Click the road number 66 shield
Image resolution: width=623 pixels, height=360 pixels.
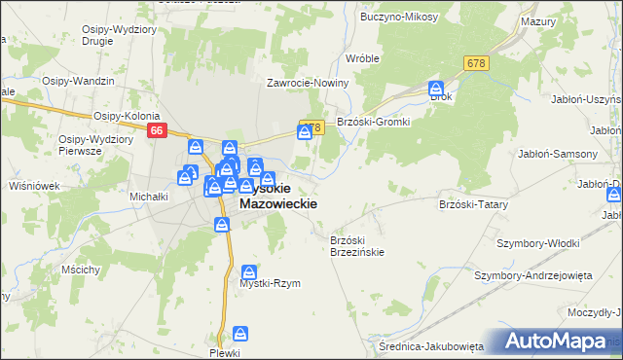click(157, 129)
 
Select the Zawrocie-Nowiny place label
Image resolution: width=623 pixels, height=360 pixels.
click(301, 84)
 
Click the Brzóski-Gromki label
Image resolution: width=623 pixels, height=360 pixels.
click(374, 122)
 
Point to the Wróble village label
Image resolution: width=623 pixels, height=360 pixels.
click(362, 58)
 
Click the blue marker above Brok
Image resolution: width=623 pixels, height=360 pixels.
click(437, 89)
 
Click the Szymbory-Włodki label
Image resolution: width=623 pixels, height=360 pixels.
click(538, 242)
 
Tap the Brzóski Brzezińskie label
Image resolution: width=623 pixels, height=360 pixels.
click(357, 245)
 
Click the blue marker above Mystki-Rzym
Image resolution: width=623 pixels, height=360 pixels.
click(250, 272)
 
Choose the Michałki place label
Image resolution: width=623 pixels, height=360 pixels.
click(150, 196)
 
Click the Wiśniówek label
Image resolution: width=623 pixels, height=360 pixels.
click(34, 185)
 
